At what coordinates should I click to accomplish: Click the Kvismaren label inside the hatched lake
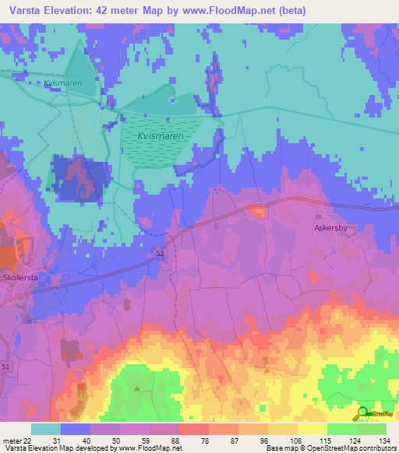[161, 135]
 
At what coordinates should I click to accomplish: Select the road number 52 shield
[159, 253]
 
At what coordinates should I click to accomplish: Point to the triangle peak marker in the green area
[138, 387]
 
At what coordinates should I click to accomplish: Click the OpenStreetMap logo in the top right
[376, 206]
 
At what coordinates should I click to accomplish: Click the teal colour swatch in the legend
[46, 429]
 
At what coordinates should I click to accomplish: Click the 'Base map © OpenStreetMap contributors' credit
[329, 448]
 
